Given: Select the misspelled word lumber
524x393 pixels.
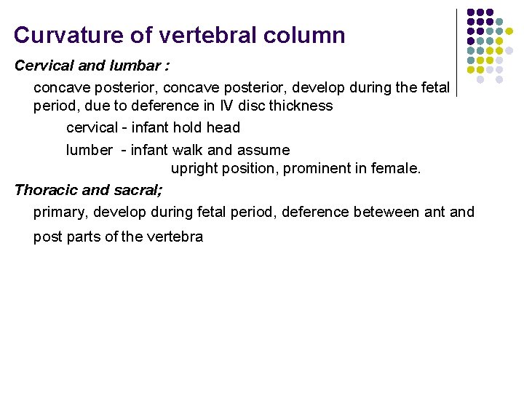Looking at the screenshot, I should (89, 150).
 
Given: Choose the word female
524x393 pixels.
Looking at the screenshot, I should (397, 169).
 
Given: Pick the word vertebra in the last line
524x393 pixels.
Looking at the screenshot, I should (179, 237).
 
